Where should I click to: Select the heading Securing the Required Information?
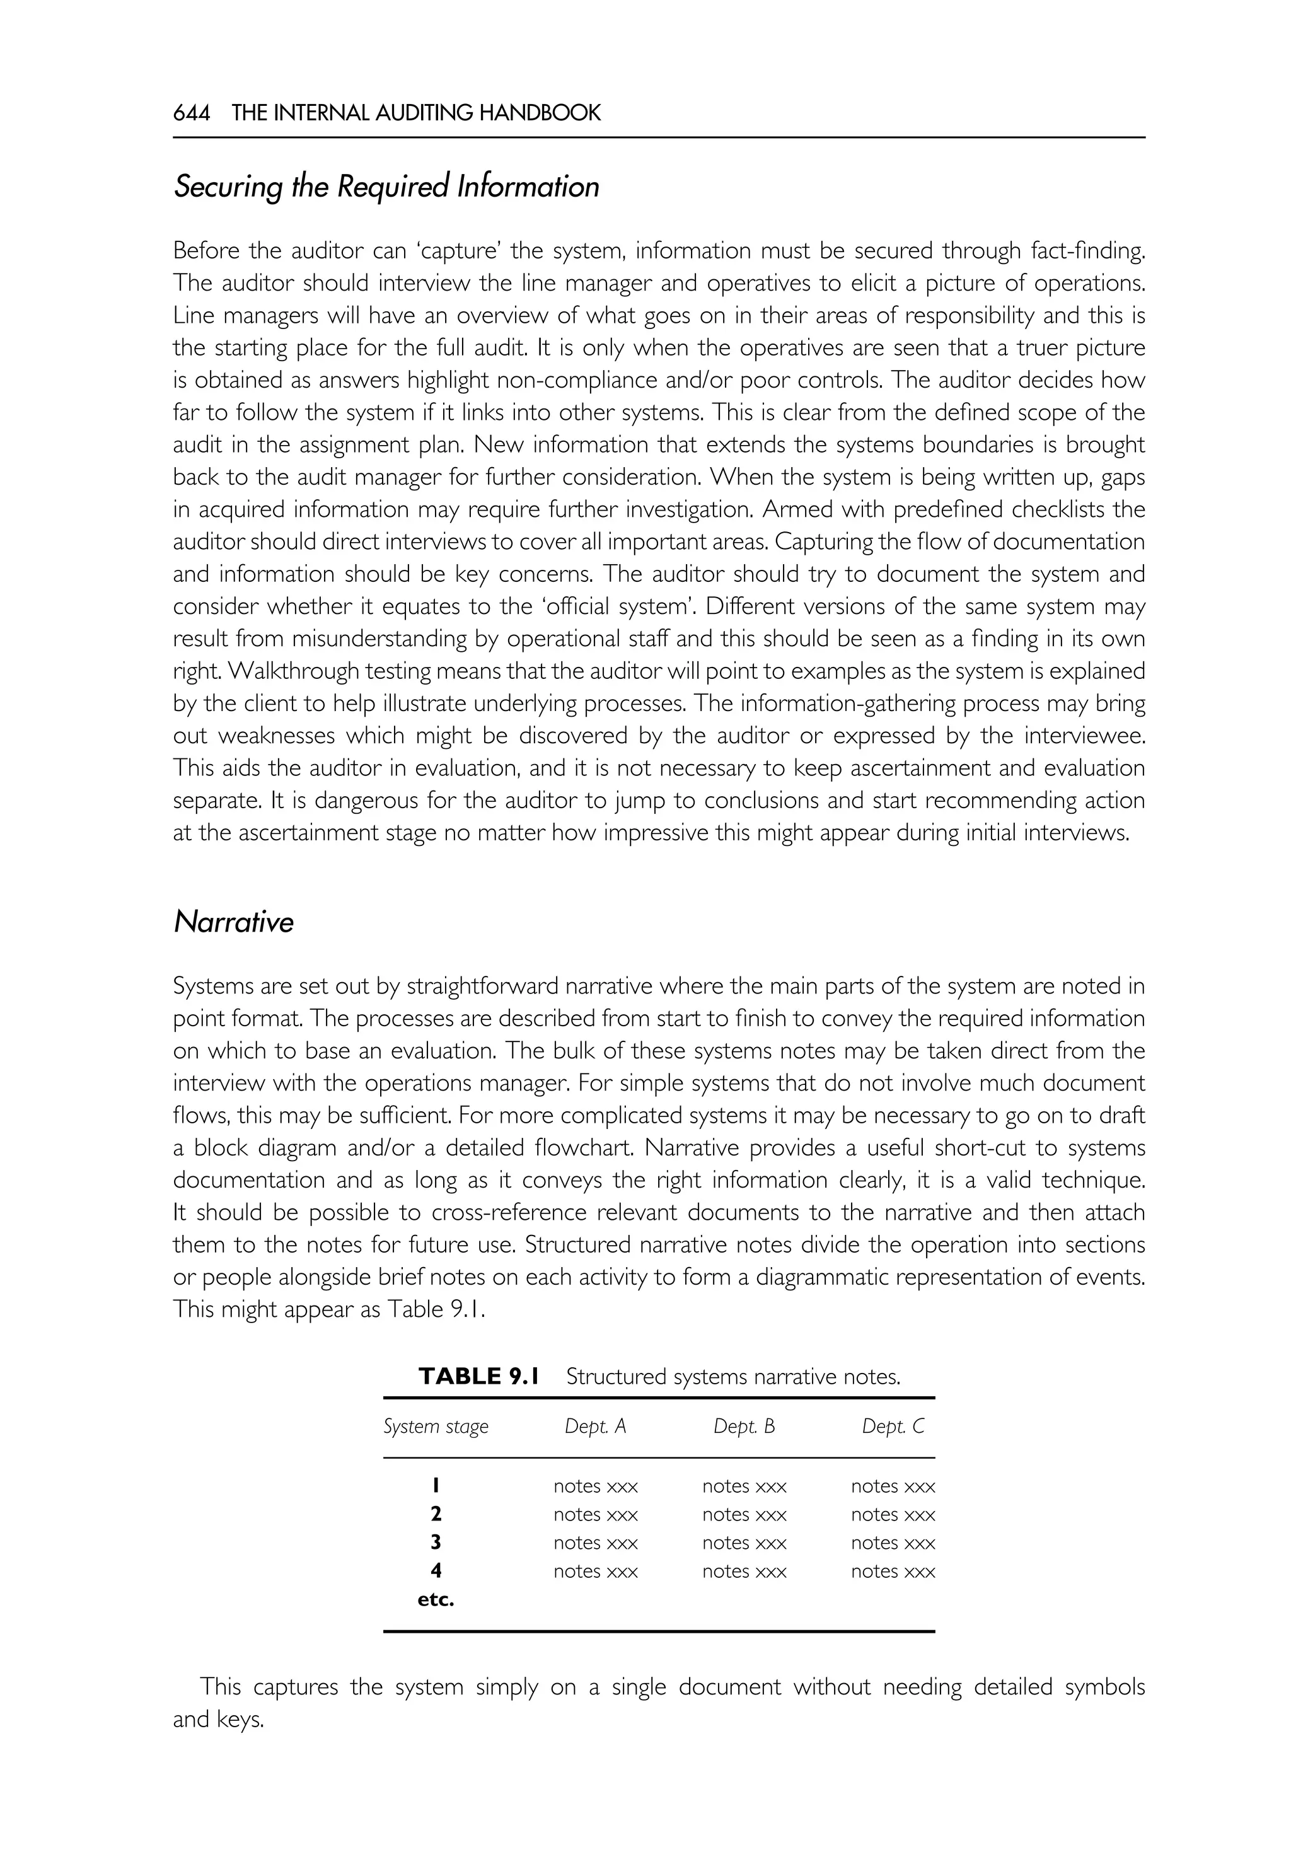point(386,187)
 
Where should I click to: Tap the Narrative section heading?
point(233,922)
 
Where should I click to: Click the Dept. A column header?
point(595,1426)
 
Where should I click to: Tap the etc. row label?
point(436,1599)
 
